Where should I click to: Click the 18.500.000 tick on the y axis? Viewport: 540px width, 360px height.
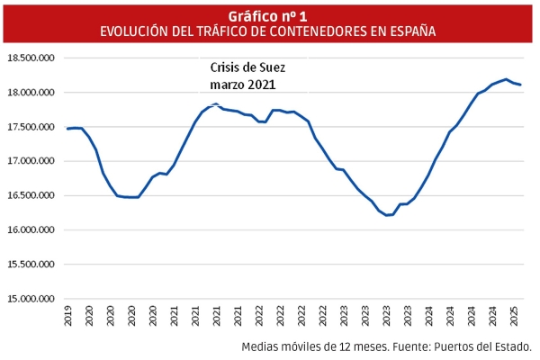click(x=32, y=58)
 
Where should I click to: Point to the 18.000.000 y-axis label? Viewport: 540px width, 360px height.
click(x=32, y=92)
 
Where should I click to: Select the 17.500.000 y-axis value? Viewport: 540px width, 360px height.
click(x=32, y=127)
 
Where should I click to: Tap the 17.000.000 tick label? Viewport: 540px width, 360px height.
click(x=32, y=161)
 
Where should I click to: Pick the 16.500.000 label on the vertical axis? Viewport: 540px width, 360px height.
click(x=32, y=195)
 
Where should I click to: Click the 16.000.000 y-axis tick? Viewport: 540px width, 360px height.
click(x=32, y=229)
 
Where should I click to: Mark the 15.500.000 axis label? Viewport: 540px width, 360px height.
click(x=32, y=264)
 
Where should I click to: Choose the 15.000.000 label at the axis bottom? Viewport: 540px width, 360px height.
click(x=32, y=298)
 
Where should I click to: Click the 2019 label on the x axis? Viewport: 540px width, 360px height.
click(x=69, y=316)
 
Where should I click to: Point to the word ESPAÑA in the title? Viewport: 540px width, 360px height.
click(x=408, y=31)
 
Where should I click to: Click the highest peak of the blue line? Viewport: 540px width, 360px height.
click(x=506, y=79)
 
